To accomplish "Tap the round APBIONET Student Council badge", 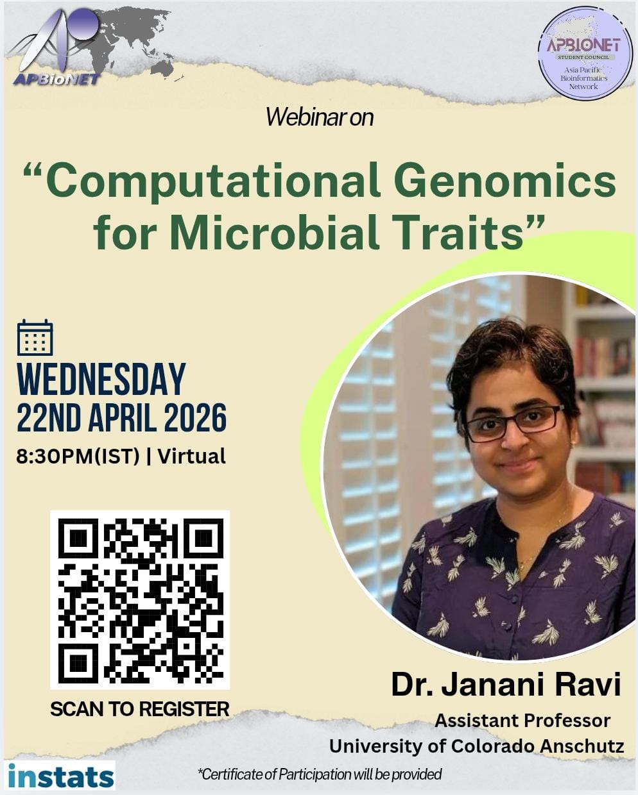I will (585, 53).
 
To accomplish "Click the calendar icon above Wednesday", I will (35, 337).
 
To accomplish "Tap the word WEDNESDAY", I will (101, 379).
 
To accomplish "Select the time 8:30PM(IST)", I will (78, 456).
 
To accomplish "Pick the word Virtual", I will (192, 456).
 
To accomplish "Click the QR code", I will (140, 600).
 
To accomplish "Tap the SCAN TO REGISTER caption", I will (140, 709).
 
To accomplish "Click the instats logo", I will (61, 776).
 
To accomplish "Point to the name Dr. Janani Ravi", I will (506, 684).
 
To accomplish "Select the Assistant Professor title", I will (522, 721).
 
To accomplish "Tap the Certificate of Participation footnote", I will (320, 774).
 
